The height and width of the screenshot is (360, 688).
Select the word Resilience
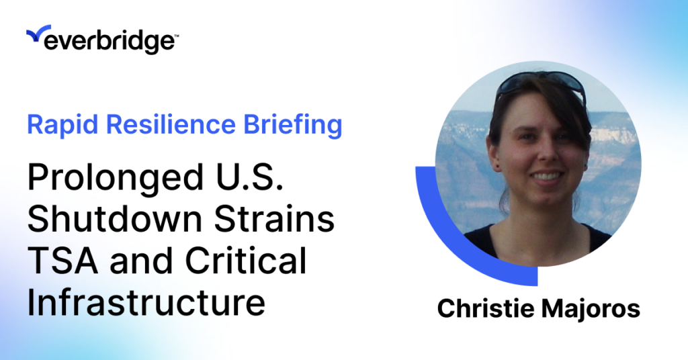click(171, 124)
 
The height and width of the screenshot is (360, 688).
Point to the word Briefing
click(293, 125)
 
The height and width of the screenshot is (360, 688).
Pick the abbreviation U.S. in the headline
click(249, 177)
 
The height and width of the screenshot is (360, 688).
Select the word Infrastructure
click(146, 302)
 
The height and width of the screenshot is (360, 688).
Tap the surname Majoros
click(591, 309)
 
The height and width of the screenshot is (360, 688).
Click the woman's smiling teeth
click(547, 176)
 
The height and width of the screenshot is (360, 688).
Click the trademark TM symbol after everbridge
click(177, 36)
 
